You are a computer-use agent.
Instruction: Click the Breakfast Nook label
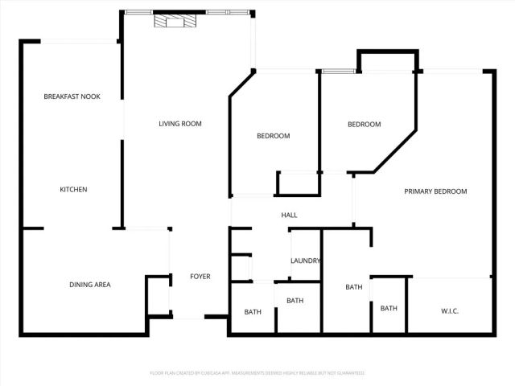click(x=72, y=96)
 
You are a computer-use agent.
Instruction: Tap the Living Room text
click(x=179, y=124)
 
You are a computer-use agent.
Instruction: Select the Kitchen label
click(x=73, y=190)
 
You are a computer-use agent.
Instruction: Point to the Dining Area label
click(x=89, y=285)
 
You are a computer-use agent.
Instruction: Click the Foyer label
click(x=200, y=277)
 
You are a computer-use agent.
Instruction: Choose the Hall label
click(x=289, y=216)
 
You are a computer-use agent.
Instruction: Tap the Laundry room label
click(x=306, y=261)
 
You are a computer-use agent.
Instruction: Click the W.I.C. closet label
click(x=450, y=310)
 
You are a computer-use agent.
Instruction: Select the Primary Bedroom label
click(x=435, y=191)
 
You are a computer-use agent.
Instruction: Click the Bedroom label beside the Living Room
click(x=273, y=136)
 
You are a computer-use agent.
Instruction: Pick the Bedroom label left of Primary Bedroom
click(x=364, y=125)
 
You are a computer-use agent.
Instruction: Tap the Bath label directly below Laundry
click(x=295, y=301)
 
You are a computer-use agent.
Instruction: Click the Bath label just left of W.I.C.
click(x=389, y=308)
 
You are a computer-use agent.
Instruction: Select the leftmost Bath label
click(x=253, y=312)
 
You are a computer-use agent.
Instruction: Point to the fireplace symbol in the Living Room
click(x=174, y=22)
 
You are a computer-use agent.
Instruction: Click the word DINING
click(x=81, y=285)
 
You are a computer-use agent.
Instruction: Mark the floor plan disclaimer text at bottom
click(x=257, y=373)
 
